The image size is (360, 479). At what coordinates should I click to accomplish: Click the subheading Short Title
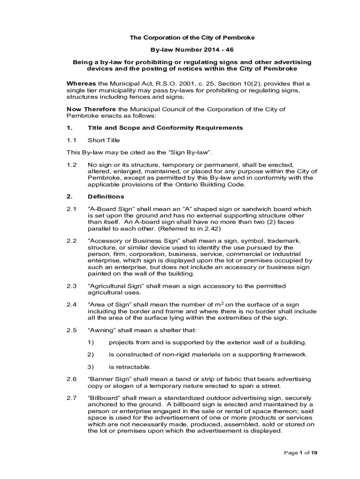[104, 140]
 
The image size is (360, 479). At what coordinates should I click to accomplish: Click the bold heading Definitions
[106, 196]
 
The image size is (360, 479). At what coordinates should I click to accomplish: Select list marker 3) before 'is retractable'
[91, 367]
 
